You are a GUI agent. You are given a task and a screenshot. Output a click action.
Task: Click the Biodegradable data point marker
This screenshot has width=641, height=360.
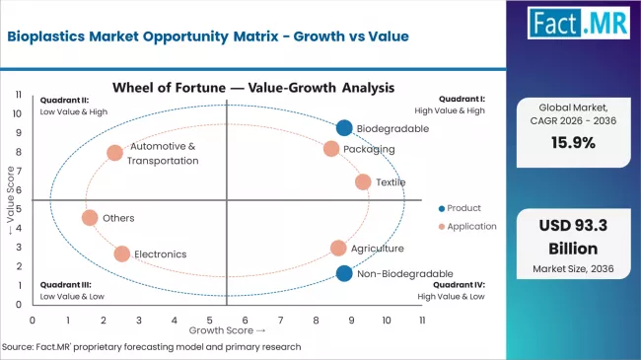343,127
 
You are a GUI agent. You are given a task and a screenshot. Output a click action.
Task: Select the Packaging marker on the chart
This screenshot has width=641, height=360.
331,149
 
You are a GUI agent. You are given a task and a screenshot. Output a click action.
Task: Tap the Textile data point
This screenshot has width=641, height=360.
363,182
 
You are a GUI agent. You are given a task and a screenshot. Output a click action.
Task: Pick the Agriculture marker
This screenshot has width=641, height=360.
338,249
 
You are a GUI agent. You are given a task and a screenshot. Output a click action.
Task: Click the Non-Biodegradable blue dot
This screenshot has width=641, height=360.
343,273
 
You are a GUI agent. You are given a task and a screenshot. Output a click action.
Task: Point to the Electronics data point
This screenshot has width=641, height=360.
121,253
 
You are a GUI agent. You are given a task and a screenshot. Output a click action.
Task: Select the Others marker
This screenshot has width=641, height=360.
90,218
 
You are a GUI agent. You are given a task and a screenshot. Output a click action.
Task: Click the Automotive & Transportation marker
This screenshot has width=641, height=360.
114,153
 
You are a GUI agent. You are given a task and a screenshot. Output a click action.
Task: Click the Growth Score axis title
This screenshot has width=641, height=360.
226,330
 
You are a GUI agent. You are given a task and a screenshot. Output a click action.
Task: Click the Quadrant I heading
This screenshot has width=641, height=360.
462,99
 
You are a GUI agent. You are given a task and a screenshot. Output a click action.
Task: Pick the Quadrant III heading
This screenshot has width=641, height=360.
64,284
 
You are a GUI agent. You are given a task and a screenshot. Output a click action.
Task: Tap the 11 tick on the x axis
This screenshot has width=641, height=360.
421,321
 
